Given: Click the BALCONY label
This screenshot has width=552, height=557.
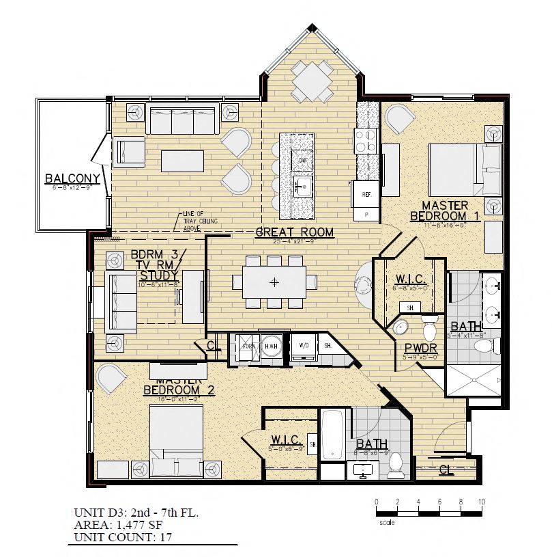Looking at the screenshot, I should pos(72,180).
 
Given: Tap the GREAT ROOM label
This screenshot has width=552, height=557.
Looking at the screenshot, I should pos(294,232).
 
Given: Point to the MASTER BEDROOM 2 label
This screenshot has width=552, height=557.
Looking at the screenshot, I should pos(179,387).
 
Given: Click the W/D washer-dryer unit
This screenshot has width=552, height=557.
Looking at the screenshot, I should pos(303,346).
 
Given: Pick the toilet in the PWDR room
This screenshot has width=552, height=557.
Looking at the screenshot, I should pos(430,329).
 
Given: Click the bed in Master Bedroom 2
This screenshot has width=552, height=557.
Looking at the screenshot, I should pos(175,435).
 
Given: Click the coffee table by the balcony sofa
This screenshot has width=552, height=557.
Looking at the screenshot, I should pos(183,161).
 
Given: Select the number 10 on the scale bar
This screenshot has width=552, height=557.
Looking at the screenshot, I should pos(482,502).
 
